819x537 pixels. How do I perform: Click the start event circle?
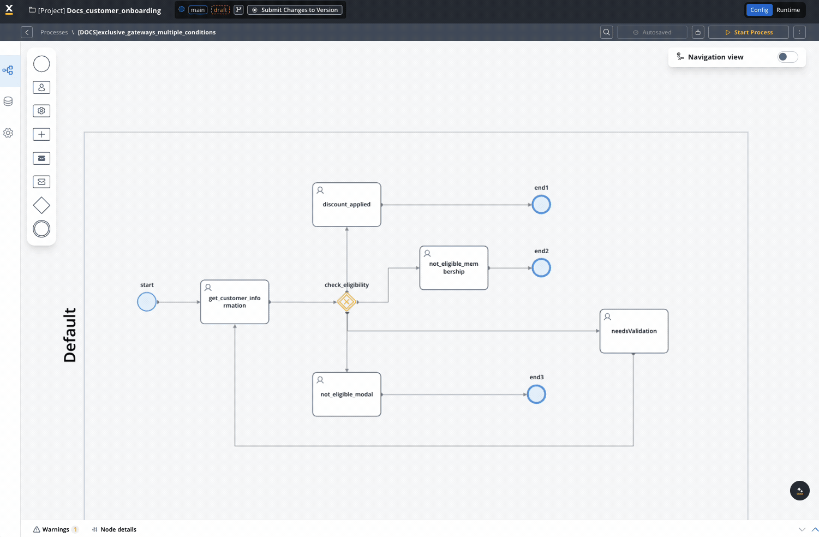[147, 302]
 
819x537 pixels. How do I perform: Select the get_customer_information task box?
[235, 302]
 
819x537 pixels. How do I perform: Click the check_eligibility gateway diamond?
[346, 302]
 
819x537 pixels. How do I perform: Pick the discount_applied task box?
[346, 205]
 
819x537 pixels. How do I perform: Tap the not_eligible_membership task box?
[454, 268]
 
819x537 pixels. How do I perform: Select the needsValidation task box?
[634, 331]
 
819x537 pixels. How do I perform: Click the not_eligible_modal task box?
[346, 395]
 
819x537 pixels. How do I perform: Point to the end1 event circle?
[541, 205]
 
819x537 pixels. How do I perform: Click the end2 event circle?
[541, 268]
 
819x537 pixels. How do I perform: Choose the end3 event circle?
[536, 395]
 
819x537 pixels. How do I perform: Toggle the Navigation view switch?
[787, 57]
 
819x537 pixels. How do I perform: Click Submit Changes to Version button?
[295, 10]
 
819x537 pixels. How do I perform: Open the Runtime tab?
[788, 10]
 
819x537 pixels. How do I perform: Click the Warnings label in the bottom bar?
[56, 529]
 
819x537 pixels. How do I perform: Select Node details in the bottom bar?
[118, 529]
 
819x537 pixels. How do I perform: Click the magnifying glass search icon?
[607, 32]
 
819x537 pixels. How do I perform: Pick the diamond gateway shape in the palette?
[41, 205]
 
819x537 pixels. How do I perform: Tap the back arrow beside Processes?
[27, 32]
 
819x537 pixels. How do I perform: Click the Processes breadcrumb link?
[54, 32]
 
